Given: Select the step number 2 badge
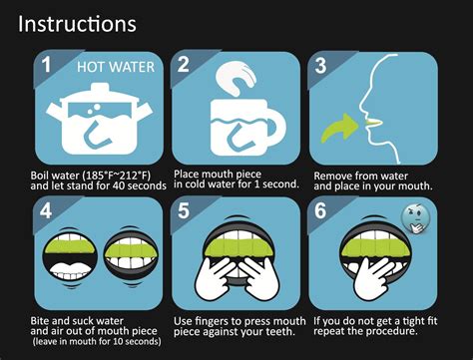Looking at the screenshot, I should (x=184, y=66).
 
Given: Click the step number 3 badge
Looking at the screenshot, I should (x=320, y=66).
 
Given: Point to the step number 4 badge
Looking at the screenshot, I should (x=44, y=210).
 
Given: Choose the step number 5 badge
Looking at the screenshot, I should (x=183, y=210).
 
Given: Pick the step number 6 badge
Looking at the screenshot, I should (x=320, y=210).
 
